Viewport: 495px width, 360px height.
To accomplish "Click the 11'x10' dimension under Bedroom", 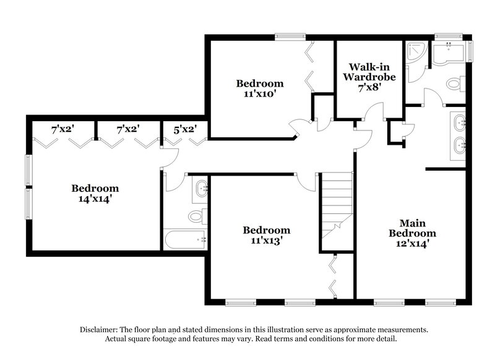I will (260, 95).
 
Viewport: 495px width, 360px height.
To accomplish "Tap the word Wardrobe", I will (369, 77).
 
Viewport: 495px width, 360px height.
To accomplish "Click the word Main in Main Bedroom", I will (411, 223).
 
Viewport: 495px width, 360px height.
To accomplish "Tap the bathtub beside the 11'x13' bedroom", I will (184, 239).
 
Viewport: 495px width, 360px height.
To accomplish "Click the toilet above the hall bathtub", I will (196, 216).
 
